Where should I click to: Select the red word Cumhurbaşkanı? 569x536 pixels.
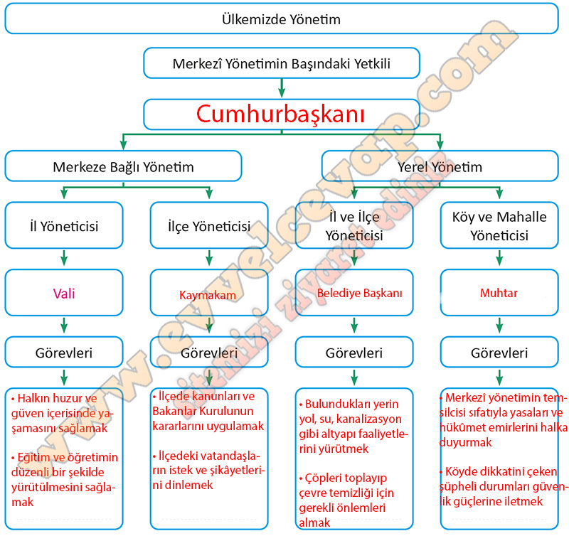[x=281, y=114]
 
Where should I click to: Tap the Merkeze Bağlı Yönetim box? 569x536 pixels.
[x=123, y=167]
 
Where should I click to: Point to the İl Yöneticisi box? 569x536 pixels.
[x=64, y=226]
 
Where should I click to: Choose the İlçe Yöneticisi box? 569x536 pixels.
[x=210, y=226]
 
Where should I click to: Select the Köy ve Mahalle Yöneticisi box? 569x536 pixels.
[x=499, y=226]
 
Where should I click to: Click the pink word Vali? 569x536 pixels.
[x=64, y=292]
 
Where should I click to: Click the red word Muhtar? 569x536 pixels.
[x=499, y=292]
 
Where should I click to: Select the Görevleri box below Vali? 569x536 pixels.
[x=64, y=353]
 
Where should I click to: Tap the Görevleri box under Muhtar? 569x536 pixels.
[x=499, y=353]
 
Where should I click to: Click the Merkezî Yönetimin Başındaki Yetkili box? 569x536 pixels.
[x=282, y=64]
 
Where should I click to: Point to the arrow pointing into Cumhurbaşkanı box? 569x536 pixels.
[x=282, y=88]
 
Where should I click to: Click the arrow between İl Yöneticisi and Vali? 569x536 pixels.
[x=64, y=257]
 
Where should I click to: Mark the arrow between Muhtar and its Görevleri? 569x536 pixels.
[x=499, y=324]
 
